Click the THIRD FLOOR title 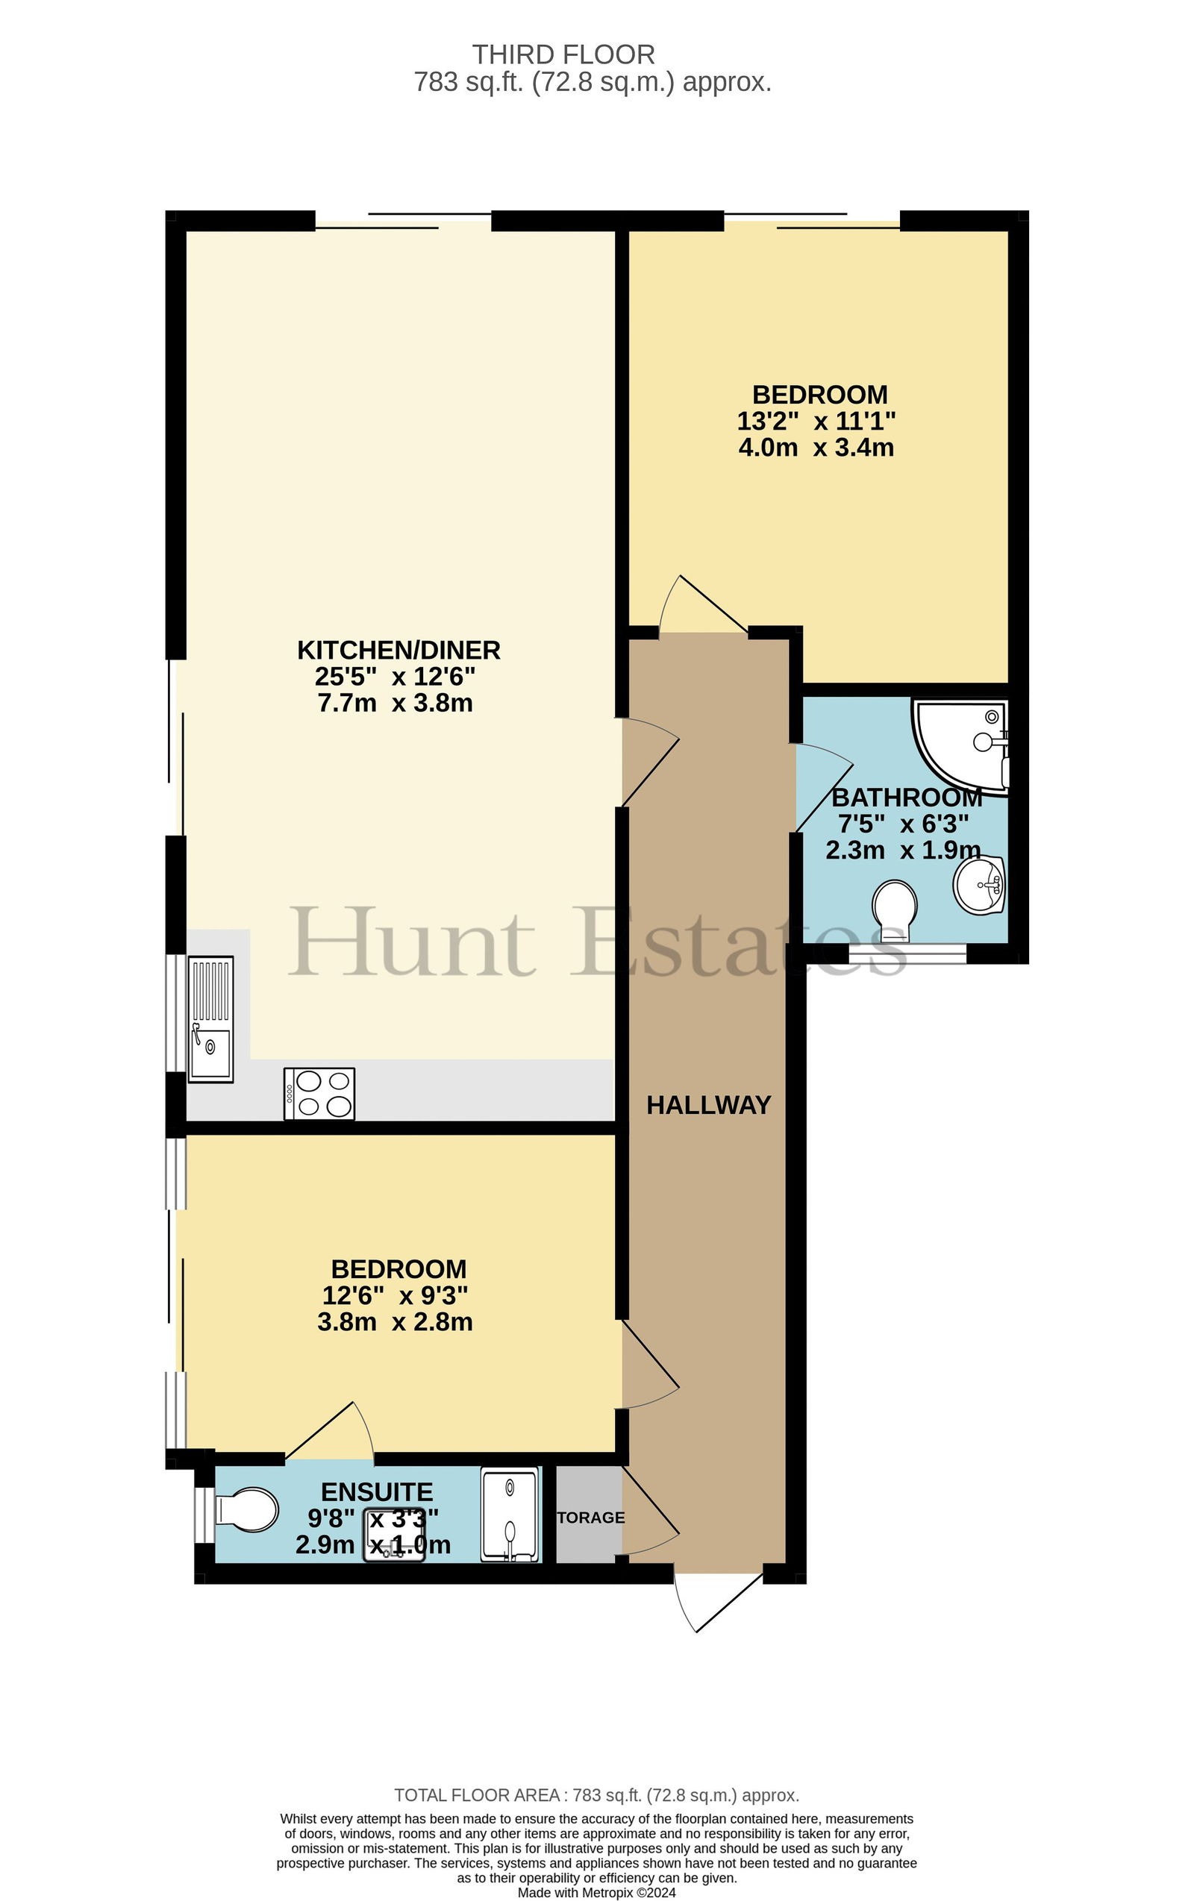coord(564,54)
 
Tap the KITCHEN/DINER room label coord(398,651)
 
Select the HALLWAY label coord(708,1105)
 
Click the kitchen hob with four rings coord(320,1094)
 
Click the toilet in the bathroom coord(895,911)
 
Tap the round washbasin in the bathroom coord(979,885)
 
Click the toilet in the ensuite coord(246,1510)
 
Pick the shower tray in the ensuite coord(511,1515)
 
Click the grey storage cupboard coord(589,1515)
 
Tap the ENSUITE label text coord(378,1492)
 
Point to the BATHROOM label coord(907,798)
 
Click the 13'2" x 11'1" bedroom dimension coord(816,421)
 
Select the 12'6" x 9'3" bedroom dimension coord(396,1295)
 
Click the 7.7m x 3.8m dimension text coord(396,703)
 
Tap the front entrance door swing coord(719,1603)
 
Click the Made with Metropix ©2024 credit coord(597,1892)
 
